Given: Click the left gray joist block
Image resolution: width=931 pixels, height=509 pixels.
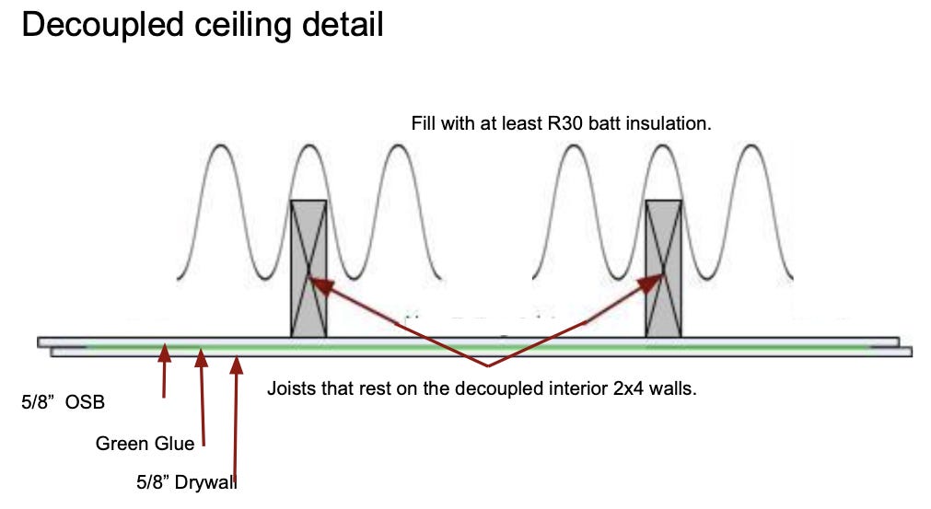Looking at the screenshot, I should click(308, 267).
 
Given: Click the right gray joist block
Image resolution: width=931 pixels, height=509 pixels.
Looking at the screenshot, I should click(663, 267).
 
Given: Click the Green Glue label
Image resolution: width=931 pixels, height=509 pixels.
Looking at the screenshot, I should click(145, 444).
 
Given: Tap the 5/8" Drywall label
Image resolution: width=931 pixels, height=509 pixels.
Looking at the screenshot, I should click(186, 481).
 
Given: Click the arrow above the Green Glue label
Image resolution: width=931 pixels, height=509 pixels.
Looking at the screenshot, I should click(202, 396).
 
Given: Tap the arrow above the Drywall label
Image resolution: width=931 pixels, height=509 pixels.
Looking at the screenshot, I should click(237, 414).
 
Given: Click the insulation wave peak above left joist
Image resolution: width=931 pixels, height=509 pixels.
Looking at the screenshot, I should click(308, 147).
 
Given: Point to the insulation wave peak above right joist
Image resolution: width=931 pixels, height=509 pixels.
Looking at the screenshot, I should click(663, 147).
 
